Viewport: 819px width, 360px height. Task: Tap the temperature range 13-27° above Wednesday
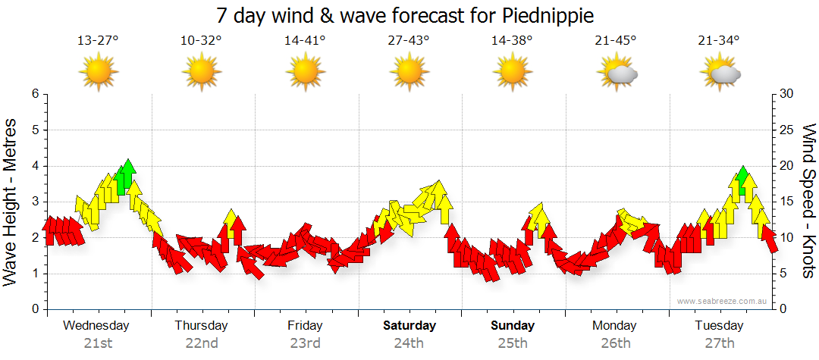(98, 41)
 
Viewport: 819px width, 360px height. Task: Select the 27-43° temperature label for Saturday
(409, 41)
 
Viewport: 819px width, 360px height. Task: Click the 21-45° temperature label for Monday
(616, 41)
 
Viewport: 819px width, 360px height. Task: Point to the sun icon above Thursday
(202, 74)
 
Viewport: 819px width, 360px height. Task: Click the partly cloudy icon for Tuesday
(720, 74)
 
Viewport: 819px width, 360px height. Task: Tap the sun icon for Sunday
(513, 74)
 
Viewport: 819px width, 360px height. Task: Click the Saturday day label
(409, 326)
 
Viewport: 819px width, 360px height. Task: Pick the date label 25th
(513, 343)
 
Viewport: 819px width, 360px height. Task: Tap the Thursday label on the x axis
(201, 326)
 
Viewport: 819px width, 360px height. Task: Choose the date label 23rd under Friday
(305, 343)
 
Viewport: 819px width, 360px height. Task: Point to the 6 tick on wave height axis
(34, 94)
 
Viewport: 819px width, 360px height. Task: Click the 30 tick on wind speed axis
(786, 94)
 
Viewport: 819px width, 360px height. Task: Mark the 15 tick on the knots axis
(786, 202)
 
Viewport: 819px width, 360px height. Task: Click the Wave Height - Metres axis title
(11, 202)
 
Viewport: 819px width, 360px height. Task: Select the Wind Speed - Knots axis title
(808, 202)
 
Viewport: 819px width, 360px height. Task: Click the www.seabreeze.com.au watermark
(723, 301)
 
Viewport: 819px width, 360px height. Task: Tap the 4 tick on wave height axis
(34, 166)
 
